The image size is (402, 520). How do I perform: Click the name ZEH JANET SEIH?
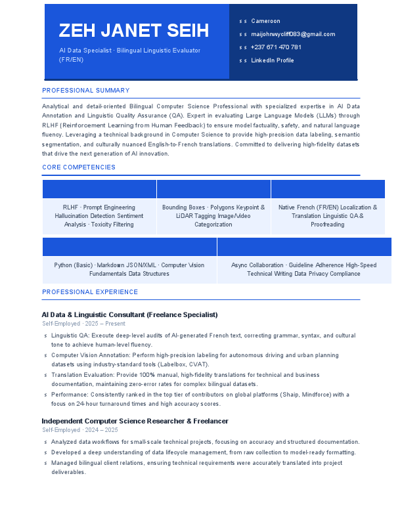[x=134, y=31]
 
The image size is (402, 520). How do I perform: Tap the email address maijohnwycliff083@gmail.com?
[x=293, y=34]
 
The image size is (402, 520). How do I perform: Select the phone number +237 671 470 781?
[x=276, y=47]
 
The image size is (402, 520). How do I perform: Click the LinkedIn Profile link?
[x=273, y=60]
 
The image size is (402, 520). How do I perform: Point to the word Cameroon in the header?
[x=265, y=21]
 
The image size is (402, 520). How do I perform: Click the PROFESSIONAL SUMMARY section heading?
[x=86, y=91]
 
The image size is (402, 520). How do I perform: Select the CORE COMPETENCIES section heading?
[x=79, y=167]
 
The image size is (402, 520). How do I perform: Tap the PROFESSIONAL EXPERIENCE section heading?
[x=90, y=292]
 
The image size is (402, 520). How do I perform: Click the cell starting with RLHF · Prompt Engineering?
[x=99, y=216]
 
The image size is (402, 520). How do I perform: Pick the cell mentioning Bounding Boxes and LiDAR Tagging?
[x=213, y=216]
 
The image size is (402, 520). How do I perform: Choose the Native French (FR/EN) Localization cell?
[x=328, y=216]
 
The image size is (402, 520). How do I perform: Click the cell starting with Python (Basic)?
[x=129, y=269]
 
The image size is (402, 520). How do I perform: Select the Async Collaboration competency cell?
[x=304, y=269]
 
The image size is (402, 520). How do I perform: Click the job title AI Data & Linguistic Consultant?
[x=129, y=314]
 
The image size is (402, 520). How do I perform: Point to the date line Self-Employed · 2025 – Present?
[x=83, y=324]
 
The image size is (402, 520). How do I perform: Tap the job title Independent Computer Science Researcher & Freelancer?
[x=135, y=421]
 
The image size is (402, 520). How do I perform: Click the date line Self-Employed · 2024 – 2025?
[x=80, y=430]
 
